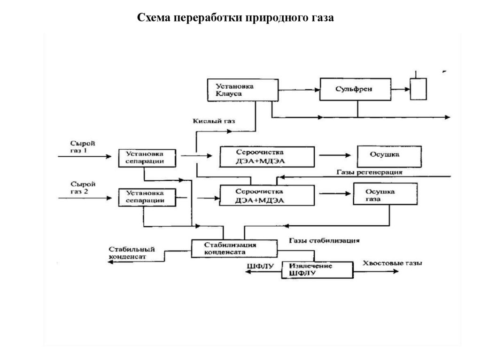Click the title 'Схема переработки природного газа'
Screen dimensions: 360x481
pos(235,18)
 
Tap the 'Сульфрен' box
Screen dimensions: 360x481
pos(356,89)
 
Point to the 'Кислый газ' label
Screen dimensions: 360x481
pos(214,121)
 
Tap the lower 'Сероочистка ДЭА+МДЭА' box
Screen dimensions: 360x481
pos(267,196)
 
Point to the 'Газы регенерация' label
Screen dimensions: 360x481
pos(370,172)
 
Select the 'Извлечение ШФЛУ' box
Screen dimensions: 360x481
pos(317,269)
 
